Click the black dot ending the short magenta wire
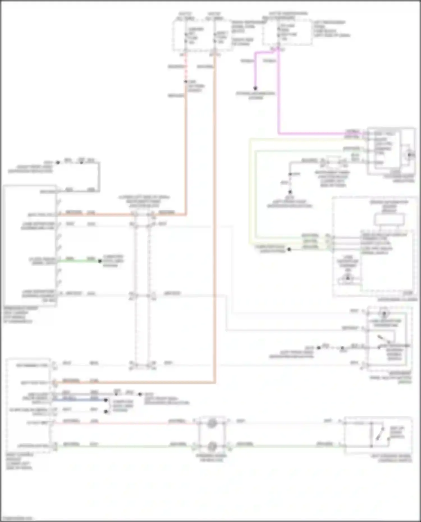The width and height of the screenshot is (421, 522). [x=255, y=88]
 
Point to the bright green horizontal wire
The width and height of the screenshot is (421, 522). [x=79, y=261]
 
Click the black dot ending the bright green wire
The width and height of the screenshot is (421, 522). [x=100, y=261]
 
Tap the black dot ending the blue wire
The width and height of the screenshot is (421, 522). [x=106, y=400]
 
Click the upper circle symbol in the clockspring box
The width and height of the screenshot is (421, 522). [x=212, y=423]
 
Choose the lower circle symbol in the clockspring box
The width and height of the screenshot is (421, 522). [x=212, y=446]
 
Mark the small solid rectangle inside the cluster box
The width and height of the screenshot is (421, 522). [x=389, y=219]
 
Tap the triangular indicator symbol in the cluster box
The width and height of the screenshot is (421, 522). [x=348, y=278]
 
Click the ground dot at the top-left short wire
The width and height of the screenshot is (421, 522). [x=58, y=162]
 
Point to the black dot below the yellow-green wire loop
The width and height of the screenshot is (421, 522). [x=289, y=249]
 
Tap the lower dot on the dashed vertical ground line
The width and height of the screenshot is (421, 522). [x=290, y=192]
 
